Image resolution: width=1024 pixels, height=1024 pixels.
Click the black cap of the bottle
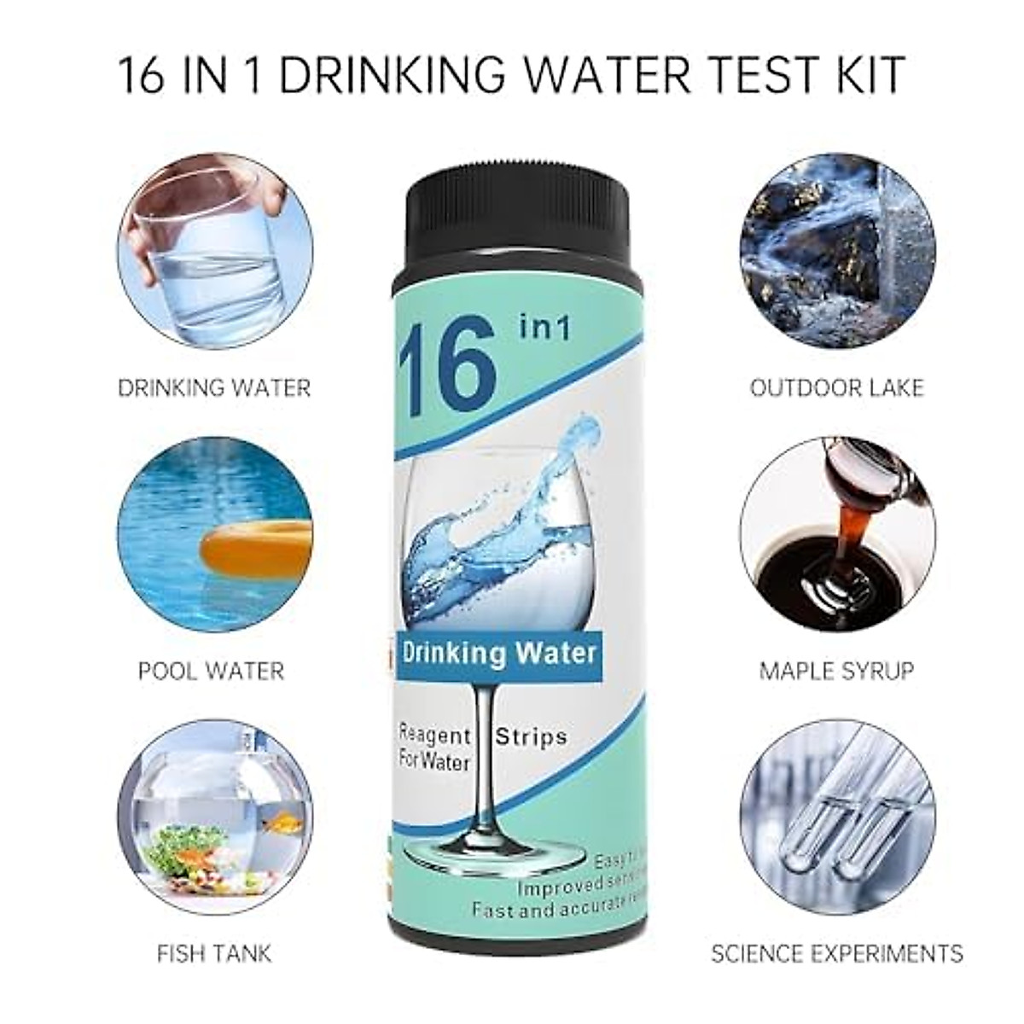[519, 209]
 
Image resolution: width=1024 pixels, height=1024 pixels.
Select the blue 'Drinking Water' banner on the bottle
[499, 655]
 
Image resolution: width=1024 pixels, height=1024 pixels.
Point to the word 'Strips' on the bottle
[532, 736]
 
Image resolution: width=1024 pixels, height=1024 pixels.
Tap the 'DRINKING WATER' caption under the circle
[214, 387]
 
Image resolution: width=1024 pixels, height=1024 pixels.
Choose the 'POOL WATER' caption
[211, 670]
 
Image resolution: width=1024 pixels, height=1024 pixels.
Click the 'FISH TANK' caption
[214, 952]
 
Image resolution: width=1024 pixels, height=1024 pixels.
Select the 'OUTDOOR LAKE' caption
[836, 387]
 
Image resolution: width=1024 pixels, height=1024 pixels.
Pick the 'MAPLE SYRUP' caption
[836, 670]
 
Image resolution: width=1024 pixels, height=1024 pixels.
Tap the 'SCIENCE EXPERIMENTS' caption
[836, 952]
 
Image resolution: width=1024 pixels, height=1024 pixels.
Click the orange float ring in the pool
[256, 546]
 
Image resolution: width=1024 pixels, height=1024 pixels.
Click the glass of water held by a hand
[209, 256]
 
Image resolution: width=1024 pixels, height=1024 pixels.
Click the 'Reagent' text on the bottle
[435, 735]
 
